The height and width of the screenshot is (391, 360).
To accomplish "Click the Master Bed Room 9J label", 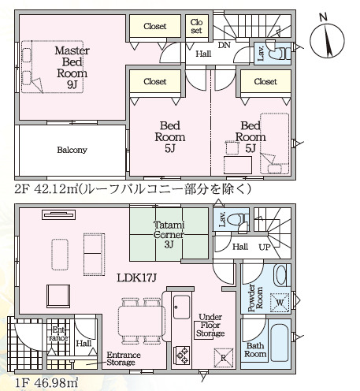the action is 72,68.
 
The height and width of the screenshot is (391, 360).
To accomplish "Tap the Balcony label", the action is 72,150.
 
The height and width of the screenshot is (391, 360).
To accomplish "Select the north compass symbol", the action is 327,37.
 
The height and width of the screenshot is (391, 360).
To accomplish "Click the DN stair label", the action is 225,45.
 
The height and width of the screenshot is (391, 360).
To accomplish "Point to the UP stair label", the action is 265,247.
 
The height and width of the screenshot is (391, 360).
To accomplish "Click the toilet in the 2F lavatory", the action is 279,54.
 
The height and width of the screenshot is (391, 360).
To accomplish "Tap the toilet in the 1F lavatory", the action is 238,218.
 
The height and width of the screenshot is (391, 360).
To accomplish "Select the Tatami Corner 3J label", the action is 169,234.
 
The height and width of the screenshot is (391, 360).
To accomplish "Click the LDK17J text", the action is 136,277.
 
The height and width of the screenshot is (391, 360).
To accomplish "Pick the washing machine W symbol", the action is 280,303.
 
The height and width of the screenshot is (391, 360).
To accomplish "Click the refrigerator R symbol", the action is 224,358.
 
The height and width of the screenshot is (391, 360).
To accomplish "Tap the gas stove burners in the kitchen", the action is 182,355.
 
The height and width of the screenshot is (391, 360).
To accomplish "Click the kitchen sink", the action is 182,307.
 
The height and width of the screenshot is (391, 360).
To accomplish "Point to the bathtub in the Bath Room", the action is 280,343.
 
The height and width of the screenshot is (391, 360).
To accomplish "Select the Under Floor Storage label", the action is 210,325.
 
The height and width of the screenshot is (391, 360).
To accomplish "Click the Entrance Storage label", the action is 124,359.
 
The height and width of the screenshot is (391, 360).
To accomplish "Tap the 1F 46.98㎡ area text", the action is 46,382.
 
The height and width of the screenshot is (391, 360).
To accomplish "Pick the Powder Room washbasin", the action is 280,275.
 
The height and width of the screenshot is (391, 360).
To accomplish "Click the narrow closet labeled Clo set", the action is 197,26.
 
